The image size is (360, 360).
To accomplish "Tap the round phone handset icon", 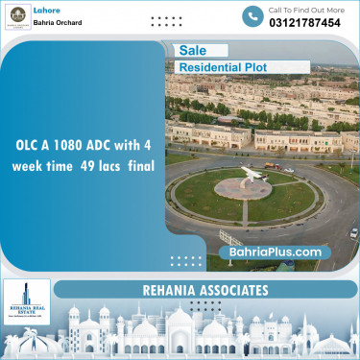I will click(252, 16).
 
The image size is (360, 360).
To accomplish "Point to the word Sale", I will click(190, 51).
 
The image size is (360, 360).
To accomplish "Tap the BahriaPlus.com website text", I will click(275, 252).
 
